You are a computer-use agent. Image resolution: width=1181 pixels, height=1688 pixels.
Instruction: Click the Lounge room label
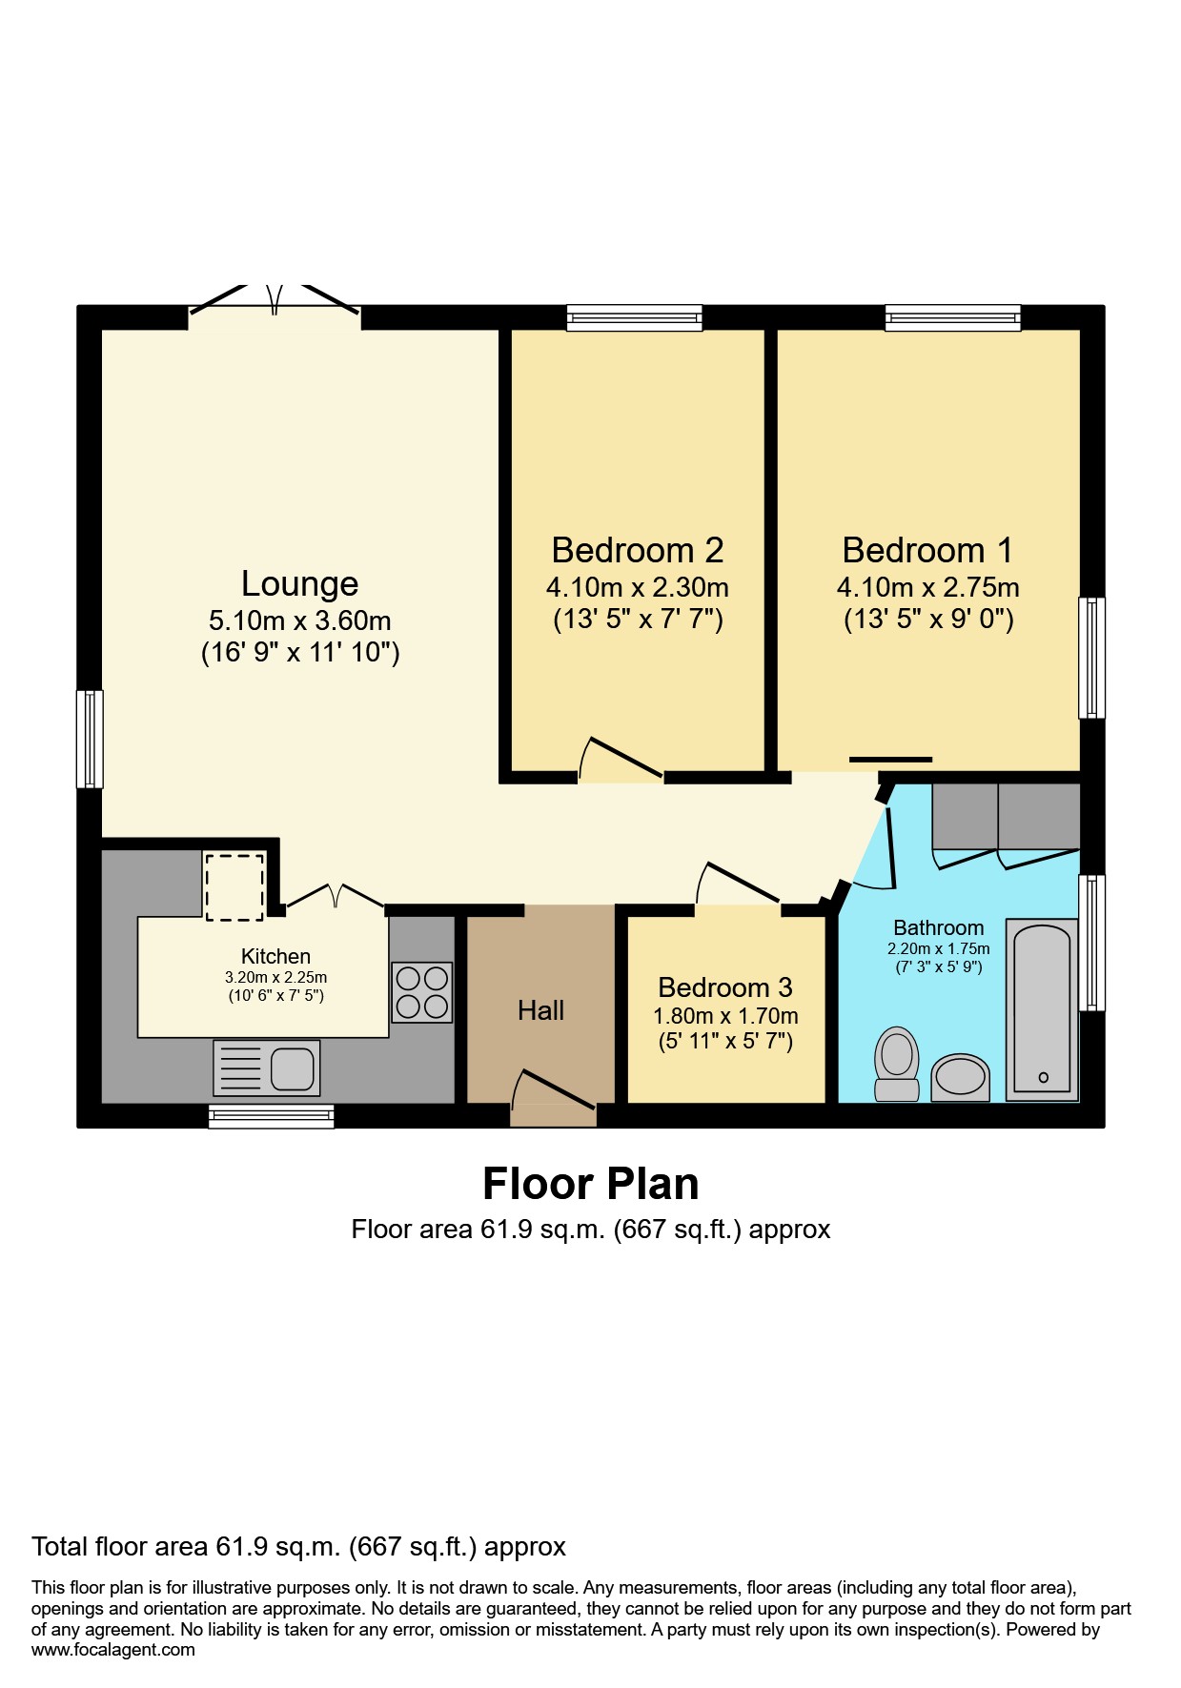click(299, 583)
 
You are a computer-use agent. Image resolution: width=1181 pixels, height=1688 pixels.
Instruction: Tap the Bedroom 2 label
click(637, 550)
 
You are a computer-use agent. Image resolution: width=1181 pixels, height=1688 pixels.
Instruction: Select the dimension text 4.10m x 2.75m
click(927, 587)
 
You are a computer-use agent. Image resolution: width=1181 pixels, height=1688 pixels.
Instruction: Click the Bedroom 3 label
click(724, 987)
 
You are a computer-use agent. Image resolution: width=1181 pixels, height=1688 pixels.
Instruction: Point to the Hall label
click(540, 1010)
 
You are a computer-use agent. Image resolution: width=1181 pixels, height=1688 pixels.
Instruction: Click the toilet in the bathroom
click(896, 1063)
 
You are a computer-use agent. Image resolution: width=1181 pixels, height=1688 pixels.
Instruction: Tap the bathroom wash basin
click(960, 1078)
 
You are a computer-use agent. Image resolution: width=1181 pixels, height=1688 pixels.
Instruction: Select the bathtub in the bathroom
click(1042, 1010)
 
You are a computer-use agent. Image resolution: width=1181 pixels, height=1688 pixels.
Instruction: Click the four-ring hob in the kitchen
click(421, 992)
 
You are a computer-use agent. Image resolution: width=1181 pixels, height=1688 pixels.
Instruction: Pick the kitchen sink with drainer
click(267, 1068)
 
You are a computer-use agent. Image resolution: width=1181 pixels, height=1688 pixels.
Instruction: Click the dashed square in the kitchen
click(234, 887)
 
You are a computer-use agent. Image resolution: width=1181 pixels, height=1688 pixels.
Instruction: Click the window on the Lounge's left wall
click(90, 740)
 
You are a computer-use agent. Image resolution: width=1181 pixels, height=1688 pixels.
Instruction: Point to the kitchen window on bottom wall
click(271, 1116)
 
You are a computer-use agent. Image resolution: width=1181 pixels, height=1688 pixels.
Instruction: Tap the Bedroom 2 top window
click(634, 317)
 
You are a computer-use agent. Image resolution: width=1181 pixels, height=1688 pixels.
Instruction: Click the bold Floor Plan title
click(590, 1184)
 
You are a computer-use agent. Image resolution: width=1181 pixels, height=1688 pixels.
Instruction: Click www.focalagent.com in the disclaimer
click(113, 1650)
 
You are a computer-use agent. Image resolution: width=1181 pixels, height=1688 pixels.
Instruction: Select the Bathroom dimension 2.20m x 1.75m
click(938, 949)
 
